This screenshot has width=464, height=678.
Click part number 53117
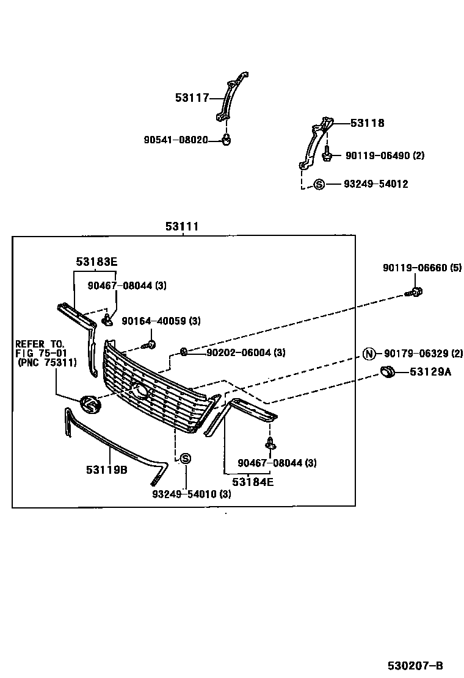[192, 97]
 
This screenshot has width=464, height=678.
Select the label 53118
[367, 123]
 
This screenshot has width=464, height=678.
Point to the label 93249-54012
[375, 184]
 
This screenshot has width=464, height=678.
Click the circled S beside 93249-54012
[319, 184]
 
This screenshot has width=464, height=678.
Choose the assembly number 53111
[182, 227]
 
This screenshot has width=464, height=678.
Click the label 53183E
[96, 262]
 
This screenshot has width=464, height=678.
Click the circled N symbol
[369, 354]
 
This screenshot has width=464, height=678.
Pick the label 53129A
[430, 371]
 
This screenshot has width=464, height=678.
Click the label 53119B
[107, 469]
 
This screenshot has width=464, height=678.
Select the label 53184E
[253, 482]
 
